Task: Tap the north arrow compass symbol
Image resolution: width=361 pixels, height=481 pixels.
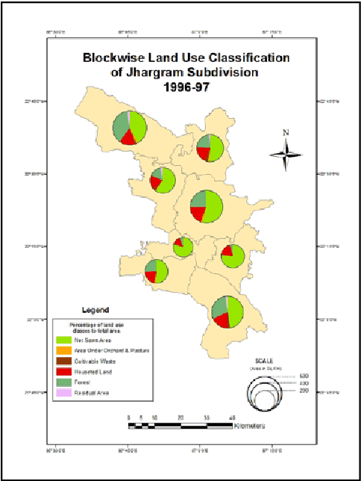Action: (x=285, y=155)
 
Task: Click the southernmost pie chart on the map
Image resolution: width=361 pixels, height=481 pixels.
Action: (x=226, y=311)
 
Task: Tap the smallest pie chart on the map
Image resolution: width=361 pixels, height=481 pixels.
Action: (x=183, y=246)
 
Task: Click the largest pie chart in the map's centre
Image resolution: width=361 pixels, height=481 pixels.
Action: (x=206, y=206)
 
